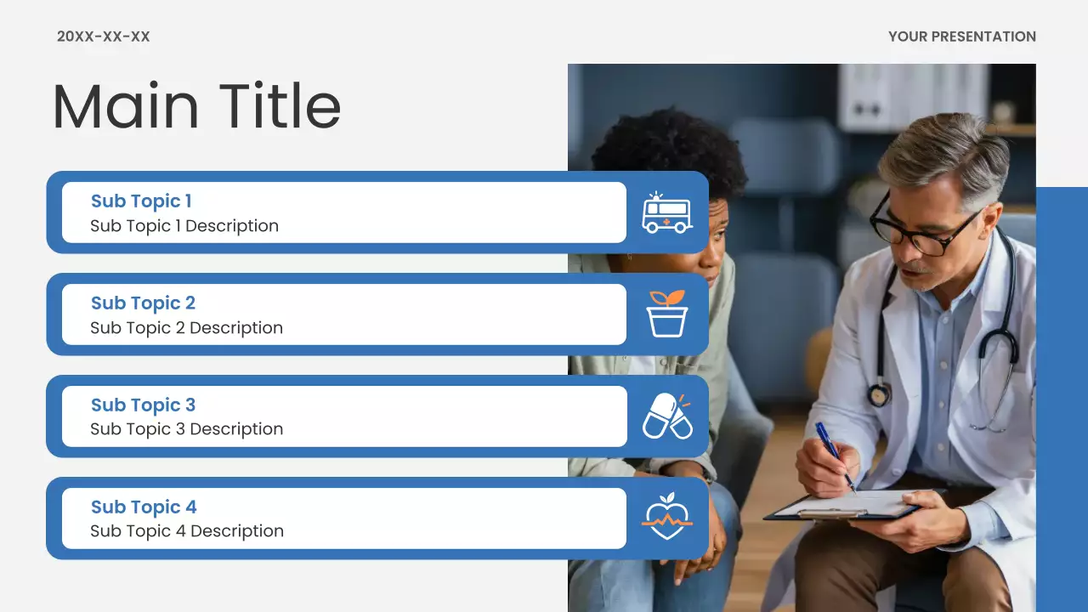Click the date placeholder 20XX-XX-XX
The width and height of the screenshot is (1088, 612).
(103, 37)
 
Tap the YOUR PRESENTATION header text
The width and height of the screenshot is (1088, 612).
(961, 37)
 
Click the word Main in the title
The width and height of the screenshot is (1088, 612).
(125, 106)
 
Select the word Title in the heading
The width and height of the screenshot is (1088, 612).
(280, 106)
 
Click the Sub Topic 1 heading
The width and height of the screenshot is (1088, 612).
(141, 201)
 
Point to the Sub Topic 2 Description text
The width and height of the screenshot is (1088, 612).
(186, 328)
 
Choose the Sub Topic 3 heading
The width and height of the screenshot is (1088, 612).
(143, 405)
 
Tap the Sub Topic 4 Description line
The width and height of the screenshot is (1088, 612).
(187, 531)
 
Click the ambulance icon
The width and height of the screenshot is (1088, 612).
(666, 212)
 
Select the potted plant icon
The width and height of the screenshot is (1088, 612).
(666, 314)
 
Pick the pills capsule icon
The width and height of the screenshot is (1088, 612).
(666, 416)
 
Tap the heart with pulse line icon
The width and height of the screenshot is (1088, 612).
(666, 517)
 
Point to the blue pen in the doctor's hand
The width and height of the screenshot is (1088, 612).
(834, 455)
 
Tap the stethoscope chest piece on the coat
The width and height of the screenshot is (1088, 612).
(878, 395)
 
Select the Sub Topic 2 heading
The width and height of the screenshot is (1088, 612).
(143, 303)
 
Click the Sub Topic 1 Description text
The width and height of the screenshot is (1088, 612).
(184, 226)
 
